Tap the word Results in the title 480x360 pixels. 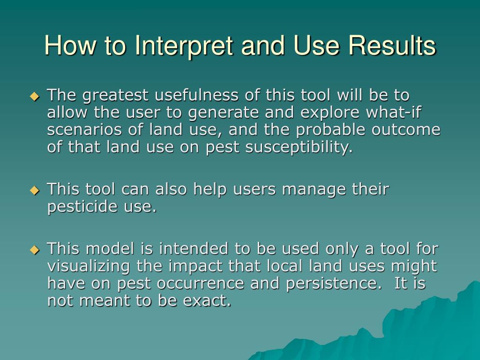(392, 45)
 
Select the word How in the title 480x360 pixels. (70, 45)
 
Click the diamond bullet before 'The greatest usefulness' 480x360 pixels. (35, 97)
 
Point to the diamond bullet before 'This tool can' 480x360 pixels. (35, 190)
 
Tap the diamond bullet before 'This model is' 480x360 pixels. (35, 250)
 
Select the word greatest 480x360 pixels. (115, 96)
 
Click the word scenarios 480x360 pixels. (84, 129)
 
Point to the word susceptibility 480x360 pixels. (299, 147)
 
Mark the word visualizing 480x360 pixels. (89, 267)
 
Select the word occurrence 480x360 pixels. (201, 284)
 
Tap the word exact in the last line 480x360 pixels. (207, 301)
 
